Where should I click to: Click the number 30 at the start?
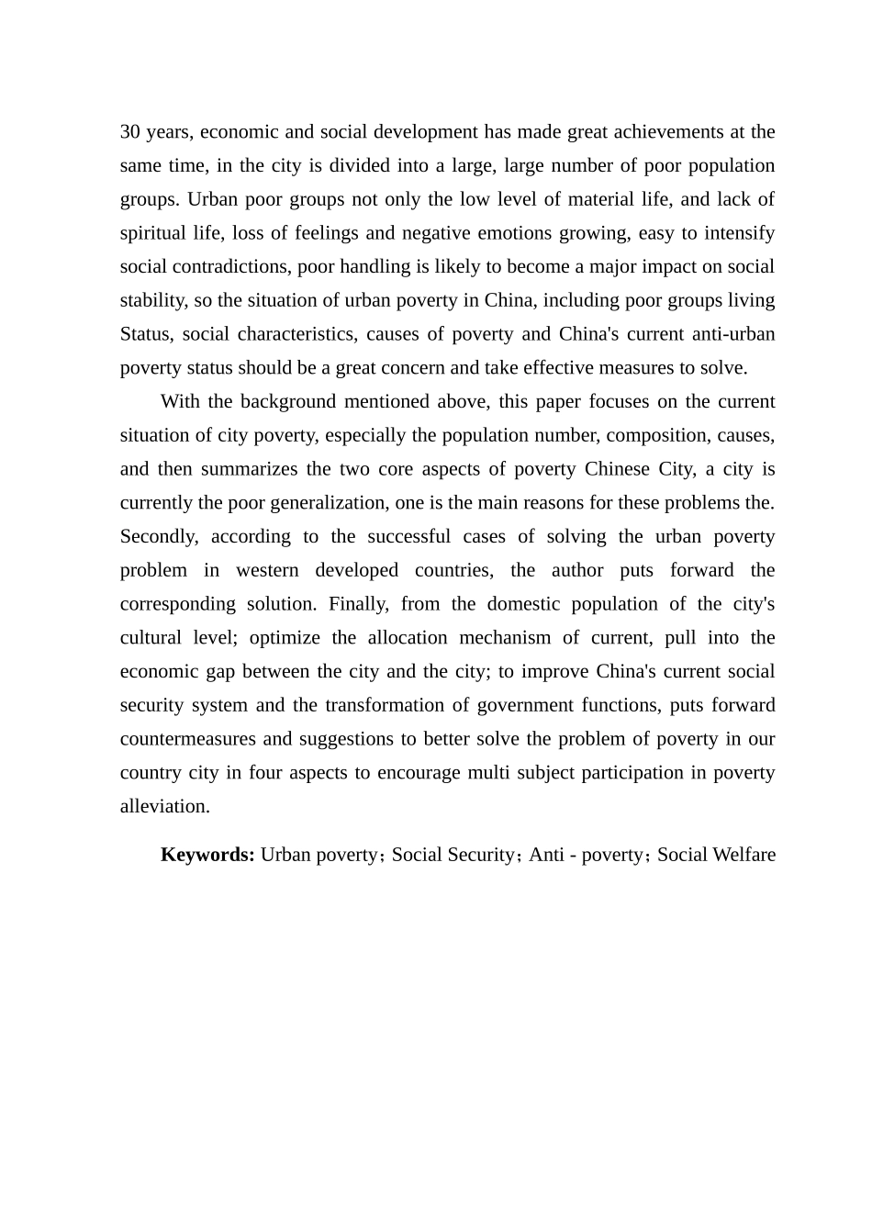129,132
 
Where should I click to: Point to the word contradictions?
227,267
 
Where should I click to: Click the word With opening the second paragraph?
181,402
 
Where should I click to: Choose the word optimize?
284,638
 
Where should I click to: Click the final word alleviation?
164,807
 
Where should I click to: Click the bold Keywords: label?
207,855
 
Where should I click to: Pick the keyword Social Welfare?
716,855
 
